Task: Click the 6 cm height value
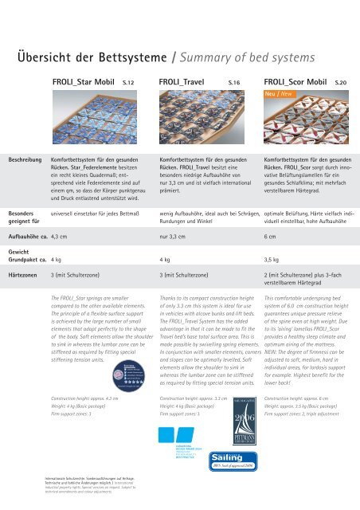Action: pos(270,237)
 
